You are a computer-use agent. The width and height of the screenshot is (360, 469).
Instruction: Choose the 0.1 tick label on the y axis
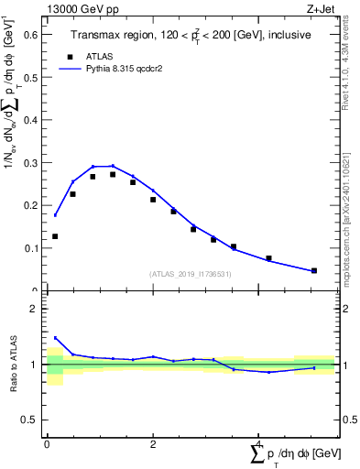click(x=30, y=248)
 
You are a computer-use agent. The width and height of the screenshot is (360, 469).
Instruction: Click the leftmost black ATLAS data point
click(x=55, y=236)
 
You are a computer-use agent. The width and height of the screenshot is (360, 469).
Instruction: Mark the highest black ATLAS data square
click(x=113, y=174)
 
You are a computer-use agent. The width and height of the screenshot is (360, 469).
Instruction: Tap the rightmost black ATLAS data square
click(x=314, y=270)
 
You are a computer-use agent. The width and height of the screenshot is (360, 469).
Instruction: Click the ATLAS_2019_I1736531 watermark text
click(x=191, y=274)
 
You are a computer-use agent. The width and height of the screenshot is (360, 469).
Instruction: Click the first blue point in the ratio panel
click(x=55, y=337)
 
